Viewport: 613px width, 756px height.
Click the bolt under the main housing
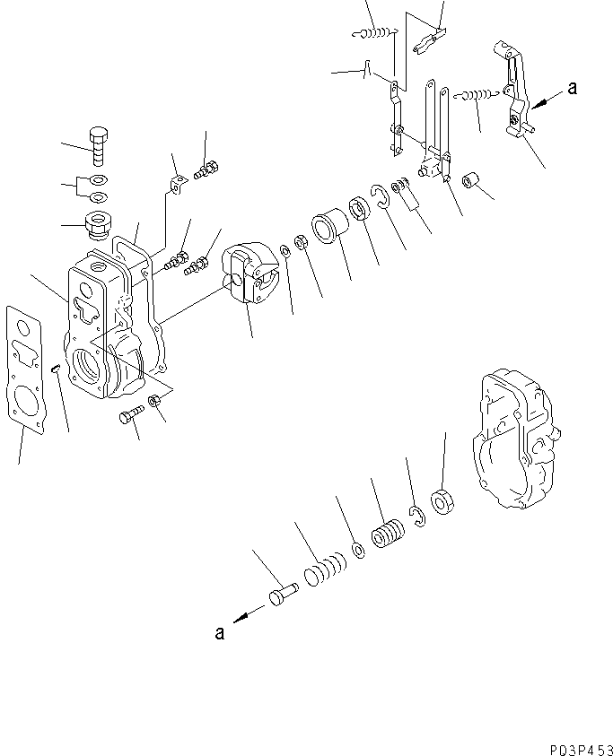coord(130,415)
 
